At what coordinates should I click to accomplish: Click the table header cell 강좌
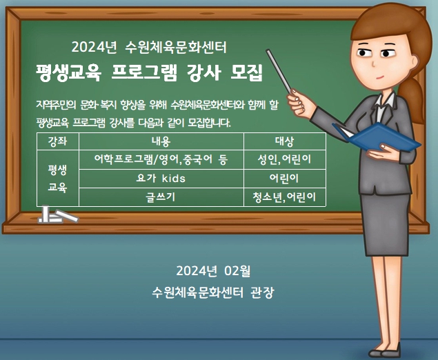coord(57,141)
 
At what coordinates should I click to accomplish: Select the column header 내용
coord(161,141)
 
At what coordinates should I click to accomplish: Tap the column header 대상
coord(285,141)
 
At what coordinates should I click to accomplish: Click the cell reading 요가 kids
coord(161,178)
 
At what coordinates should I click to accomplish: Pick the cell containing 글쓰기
coord(161,197)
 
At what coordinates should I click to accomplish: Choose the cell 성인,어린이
coord(285,159)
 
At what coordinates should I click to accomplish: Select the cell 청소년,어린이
coord(285,197)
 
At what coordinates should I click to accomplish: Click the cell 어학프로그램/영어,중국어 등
coord(161,159)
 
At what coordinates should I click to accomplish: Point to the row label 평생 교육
coord(57,178)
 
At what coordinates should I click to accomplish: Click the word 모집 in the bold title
coord(246,72)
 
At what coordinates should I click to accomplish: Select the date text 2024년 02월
coord(213,270)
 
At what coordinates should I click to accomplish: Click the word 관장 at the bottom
coord(262,292)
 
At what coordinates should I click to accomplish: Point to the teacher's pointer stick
coord(279,72)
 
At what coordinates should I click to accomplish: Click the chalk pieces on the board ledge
coord(58,214)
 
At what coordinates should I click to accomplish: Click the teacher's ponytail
coord(411,98)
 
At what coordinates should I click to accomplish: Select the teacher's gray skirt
coord(385,223)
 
